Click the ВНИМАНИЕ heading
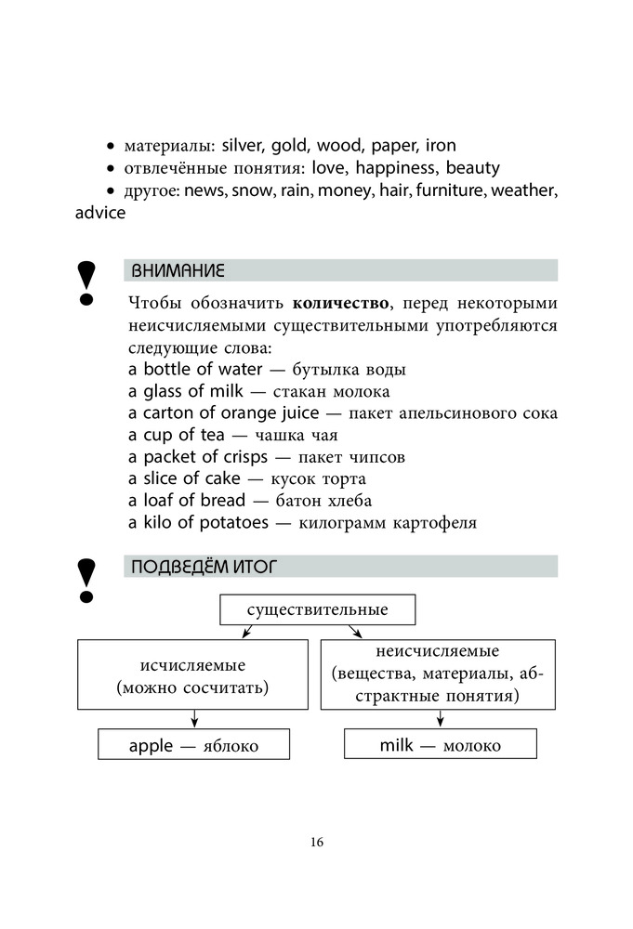click(x=178, y=271)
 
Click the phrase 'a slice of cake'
click(x=183, y=478)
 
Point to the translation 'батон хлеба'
click(x=302, y=501)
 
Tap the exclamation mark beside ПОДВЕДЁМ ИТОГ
click(x=86, y=579)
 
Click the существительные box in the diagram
click(x=317, y=609)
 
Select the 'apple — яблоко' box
click(x=193, y=745)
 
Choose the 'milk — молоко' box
click(x=440, y=745)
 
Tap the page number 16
click(x=317, y=843)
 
